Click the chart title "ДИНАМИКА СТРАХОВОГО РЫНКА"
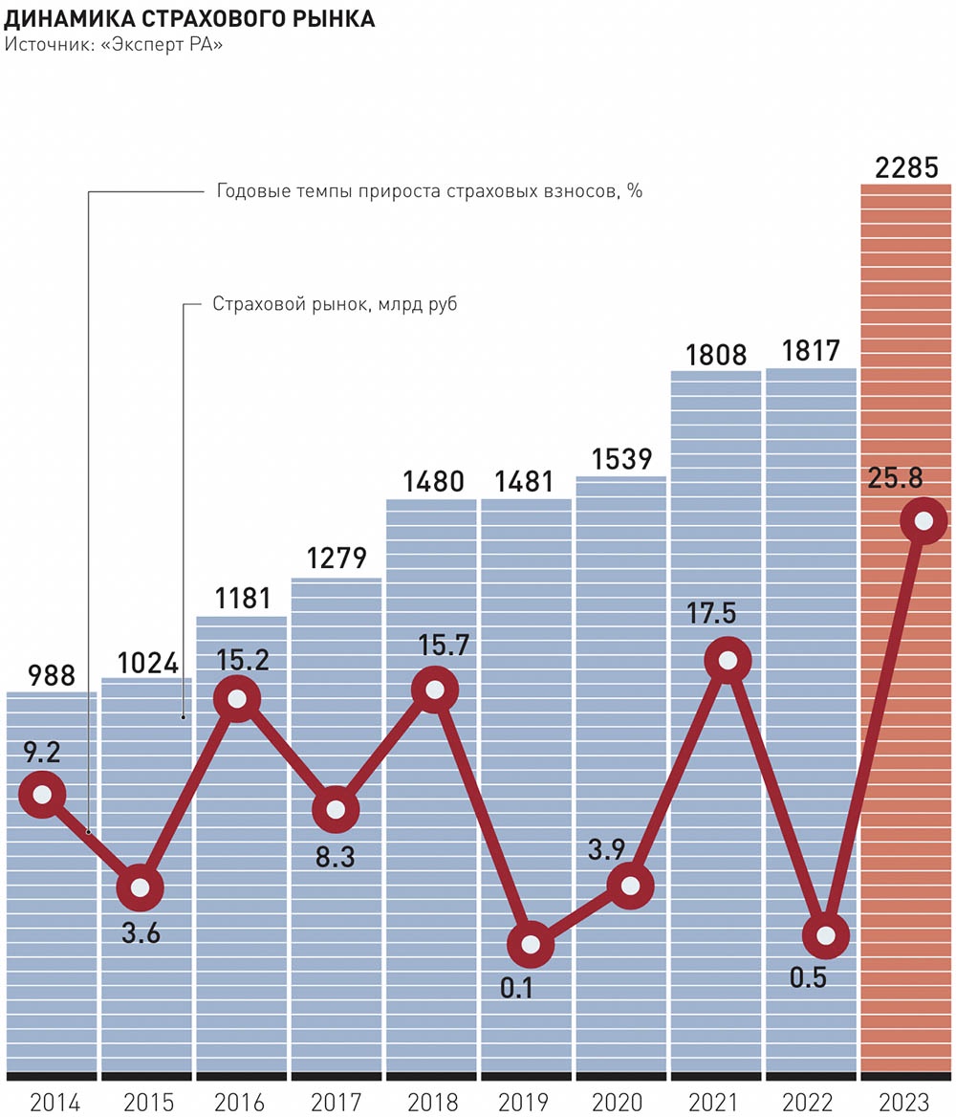(190, 19)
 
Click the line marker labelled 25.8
(923, 521)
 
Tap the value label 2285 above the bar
(907, 168)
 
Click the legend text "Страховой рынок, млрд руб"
(335, 305)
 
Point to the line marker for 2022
(825, 935)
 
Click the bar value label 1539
(620, 460)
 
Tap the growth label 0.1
(517, 986)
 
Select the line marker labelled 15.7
(436, 690)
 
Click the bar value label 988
(51, 676)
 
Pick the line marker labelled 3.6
(140, 888)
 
